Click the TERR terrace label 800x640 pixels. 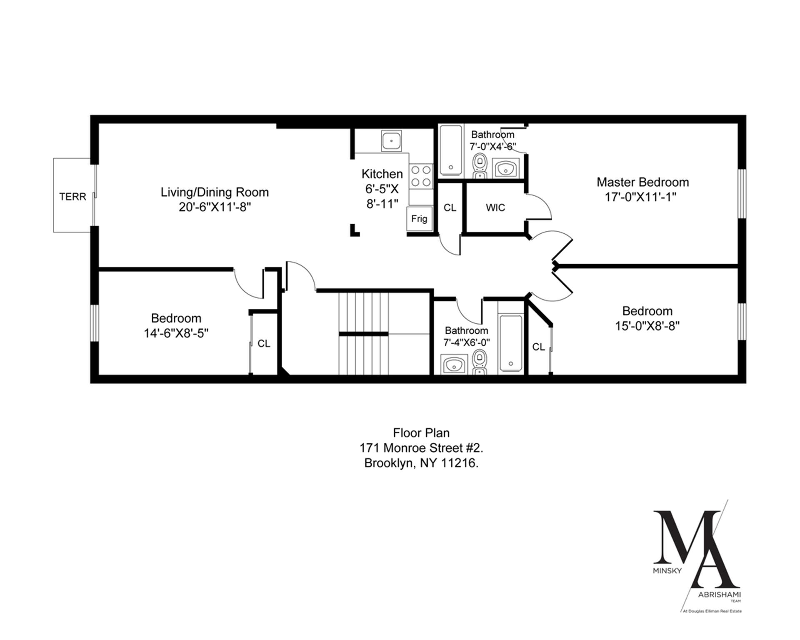click(x=72, y=196)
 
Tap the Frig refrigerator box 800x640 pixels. click(x=419, y=219)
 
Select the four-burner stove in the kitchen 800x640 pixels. click(x=421, y=176)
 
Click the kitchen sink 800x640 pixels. click(x=391, y=141)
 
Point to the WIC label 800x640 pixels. click(x=495, y=207)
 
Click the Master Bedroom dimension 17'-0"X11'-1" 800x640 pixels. click(x=640, y=197)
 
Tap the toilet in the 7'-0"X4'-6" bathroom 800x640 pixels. click(x=480, y=165)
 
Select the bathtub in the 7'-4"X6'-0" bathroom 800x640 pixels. click(x=510, y=343)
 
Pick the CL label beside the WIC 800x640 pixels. click(x=450, y=207)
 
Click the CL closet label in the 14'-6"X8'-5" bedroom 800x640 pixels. click(x=264, y=343)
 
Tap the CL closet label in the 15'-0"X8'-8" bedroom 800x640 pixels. click(x=539, y=347)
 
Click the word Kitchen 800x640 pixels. click(x=382, y=174)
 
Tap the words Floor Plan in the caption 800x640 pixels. click(x=421, y=432)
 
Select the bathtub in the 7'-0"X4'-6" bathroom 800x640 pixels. click(x=451, y=149)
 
